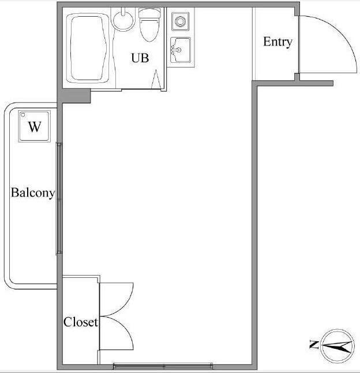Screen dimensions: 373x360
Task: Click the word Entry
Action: (277, 42)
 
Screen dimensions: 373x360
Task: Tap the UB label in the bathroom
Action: (140, 58)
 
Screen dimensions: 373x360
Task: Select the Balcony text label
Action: (33, 193)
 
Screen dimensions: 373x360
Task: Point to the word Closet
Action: (81, 322)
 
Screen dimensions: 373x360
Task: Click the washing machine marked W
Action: (35, 127)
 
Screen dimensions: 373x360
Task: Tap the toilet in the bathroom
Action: (149, 28)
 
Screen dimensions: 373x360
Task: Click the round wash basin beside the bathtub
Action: (122, 20)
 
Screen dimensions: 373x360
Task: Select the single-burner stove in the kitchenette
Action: (181, 22)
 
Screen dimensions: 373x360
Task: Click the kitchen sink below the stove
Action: (181, 49)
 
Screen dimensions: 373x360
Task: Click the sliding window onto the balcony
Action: (59, 198)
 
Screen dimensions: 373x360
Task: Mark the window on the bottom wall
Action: (163, 365)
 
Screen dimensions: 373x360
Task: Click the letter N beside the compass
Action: (314, 345)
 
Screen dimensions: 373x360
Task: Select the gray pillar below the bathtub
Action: (76, 96)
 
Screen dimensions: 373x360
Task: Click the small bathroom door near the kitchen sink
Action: (157, 81)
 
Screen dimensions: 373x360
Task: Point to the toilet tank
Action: (149, 13)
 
